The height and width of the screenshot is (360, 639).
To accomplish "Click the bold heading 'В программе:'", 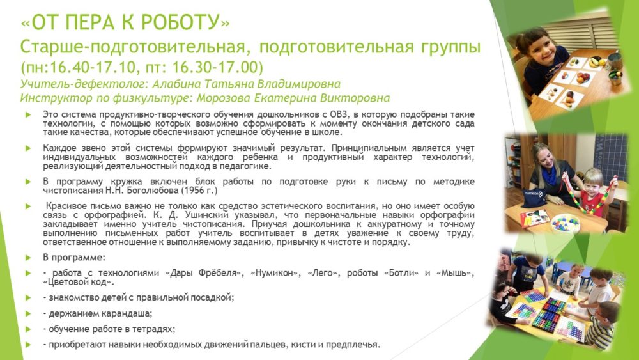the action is tap(74, 258).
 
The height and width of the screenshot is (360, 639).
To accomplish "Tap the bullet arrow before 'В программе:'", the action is tap(27, 258).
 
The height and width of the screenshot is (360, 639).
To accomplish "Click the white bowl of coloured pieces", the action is tap(566, 223).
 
